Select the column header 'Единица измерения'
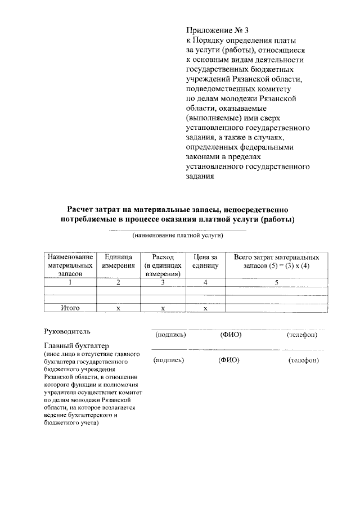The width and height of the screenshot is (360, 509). (x=118, y=261)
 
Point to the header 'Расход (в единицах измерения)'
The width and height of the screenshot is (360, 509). (x=162, y=265)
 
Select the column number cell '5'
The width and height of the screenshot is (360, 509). (x=276, y=283)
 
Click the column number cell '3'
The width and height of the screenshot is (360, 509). (x=162, y=283)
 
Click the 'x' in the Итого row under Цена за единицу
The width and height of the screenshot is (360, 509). (x=205, y=309)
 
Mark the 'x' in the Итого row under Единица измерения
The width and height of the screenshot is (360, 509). (x=118, y=309)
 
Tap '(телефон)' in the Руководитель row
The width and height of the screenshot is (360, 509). (x=302, y=335)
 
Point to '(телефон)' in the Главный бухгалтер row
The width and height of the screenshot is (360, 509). (x=303, y=361)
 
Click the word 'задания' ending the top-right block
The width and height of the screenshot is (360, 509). (x=200, y=176)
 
